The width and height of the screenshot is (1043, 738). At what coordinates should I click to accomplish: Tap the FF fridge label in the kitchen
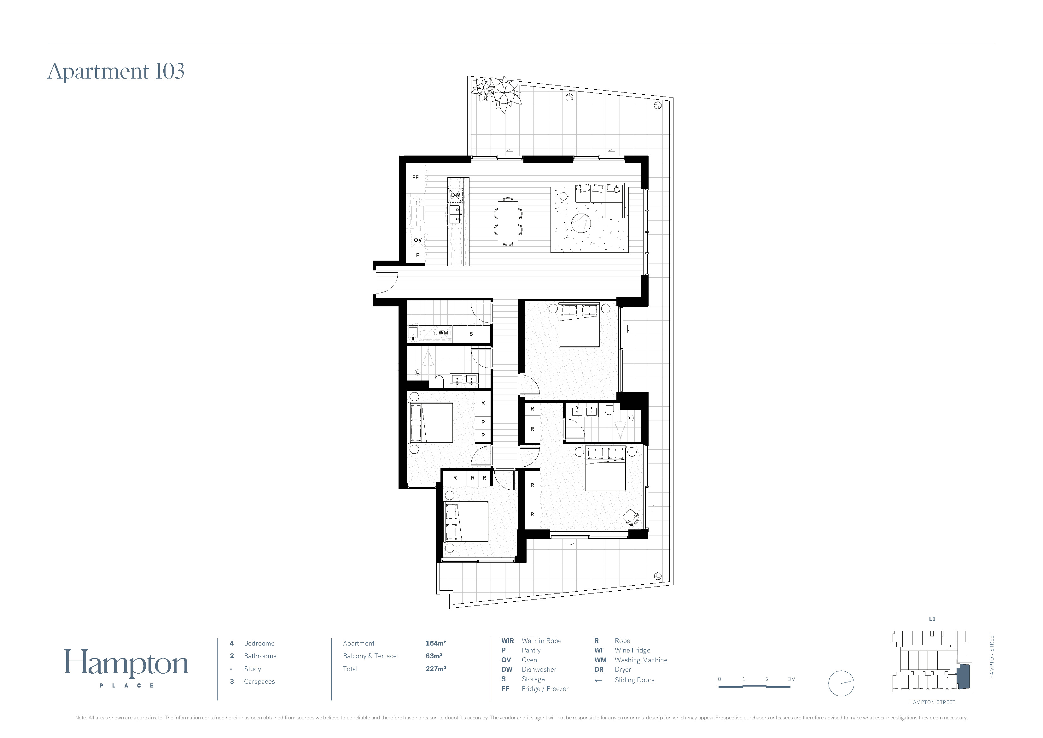click(415, 177)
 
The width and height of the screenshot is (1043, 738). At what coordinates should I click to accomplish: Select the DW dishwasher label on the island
click(456, 195)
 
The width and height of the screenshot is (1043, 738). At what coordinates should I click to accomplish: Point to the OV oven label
click(417, 239)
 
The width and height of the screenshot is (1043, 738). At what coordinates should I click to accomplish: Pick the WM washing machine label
click(443, 332)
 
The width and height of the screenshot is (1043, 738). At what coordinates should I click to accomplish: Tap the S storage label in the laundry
click(471, 334)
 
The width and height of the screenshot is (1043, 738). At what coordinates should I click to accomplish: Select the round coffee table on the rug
click(581, 224)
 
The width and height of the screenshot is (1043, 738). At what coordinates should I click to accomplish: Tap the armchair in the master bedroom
click(631, 517)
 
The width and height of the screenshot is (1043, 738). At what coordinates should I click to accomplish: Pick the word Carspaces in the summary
click(259, 681)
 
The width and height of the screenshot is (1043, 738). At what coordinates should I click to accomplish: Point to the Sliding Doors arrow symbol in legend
click(598, 680)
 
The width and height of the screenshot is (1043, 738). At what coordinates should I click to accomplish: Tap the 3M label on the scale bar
click(792, 679)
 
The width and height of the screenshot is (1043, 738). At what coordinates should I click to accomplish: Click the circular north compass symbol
click(841, 683)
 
